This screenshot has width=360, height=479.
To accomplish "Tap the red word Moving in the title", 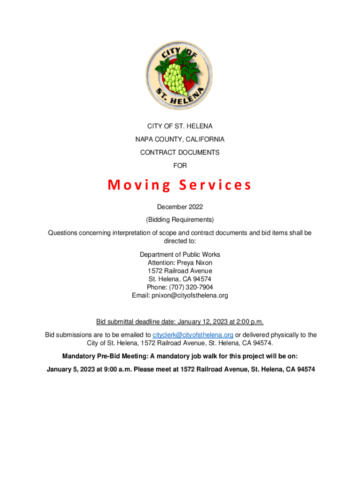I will pyautogui.click(x=139, y=186).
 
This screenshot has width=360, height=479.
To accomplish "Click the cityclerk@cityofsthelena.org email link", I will pyautogui.click(x=193, y=335).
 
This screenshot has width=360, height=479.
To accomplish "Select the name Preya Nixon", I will pyautogui.click(x=194, y=263).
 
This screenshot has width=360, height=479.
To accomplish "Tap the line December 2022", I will pyautogui.click(x=180, y=206).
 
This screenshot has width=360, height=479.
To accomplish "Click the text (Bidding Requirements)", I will pyautogui.click(x=180, y=219).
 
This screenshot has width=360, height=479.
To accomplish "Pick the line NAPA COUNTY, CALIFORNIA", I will pyautogui.click(x=180, y=139).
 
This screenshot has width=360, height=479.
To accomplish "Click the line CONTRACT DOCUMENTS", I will pyautogui.click(x=180, y=152).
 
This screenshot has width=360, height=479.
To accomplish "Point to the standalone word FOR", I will pyautogui.click(x=180, y=166).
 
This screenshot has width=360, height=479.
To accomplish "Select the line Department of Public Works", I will pyautogui.click(x=180, y=254).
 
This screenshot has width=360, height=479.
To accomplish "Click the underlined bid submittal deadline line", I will pyautogui.click(x=180, y=322).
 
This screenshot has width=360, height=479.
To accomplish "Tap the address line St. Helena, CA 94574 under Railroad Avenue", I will pyautogui.click(x=180, y=279).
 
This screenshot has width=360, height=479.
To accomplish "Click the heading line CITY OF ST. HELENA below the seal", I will pyautogui.click(x=180, y=126).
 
